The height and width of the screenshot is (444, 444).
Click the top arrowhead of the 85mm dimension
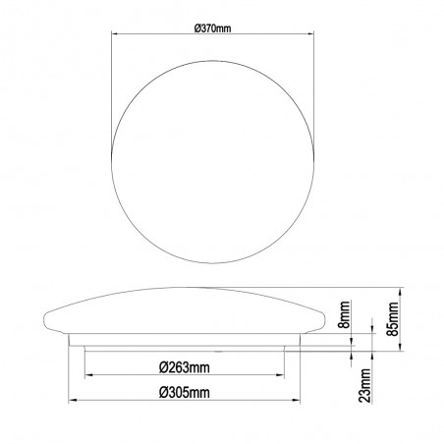click(404, 292)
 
